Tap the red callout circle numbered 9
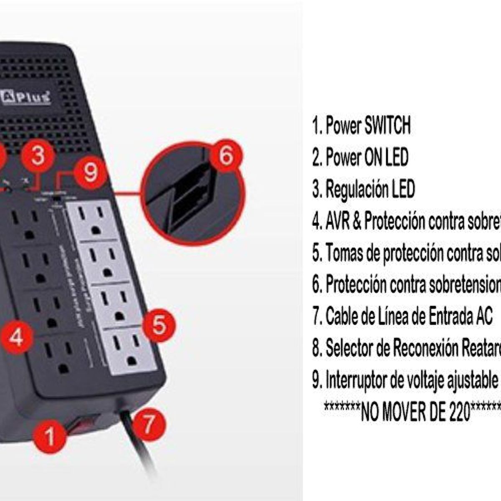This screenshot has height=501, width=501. [x=90, y=172]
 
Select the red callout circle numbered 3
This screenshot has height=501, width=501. [x=38, y=156]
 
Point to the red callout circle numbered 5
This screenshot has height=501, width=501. [x=159, y=325]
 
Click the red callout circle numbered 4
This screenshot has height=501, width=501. [x=16, y=337]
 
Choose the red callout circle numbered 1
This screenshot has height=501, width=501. [x=49, y=435]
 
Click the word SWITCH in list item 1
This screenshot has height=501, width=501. [x=387, y=125]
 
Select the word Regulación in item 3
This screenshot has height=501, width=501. [x=357, y=189]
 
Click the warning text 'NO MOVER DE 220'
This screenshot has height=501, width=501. [x=415, y=412]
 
